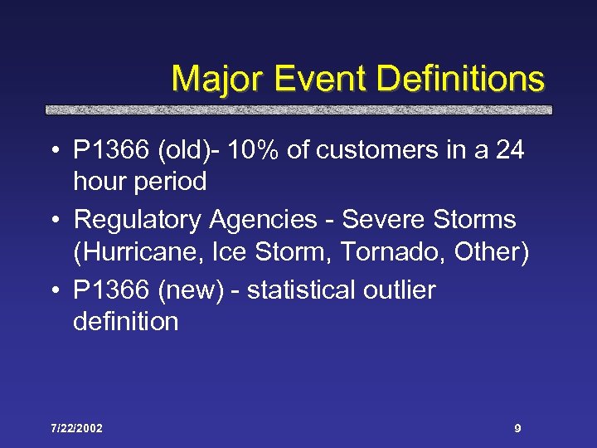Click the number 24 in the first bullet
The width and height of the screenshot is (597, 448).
[507, 152]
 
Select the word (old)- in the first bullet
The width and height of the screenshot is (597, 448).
[189, 152]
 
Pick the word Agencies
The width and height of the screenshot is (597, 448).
[263, 221]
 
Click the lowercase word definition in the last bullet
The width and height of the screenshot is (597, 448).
[126, 321]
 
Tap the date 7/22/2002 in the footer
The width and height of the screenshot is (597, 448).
[76, 429]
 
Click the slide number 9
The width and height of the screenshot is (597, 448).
[517, 429]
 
